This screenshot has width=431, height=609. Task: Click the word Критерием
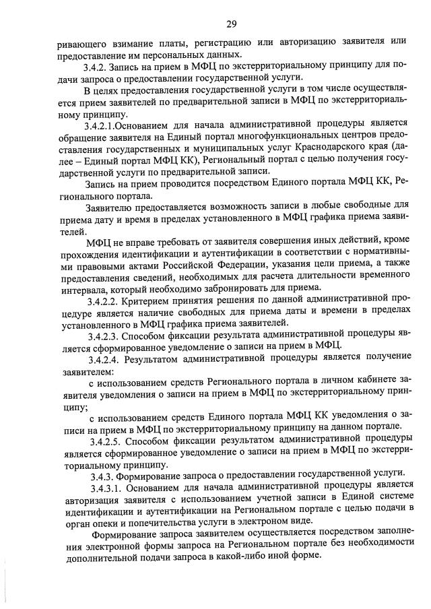tap(155, 297)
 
